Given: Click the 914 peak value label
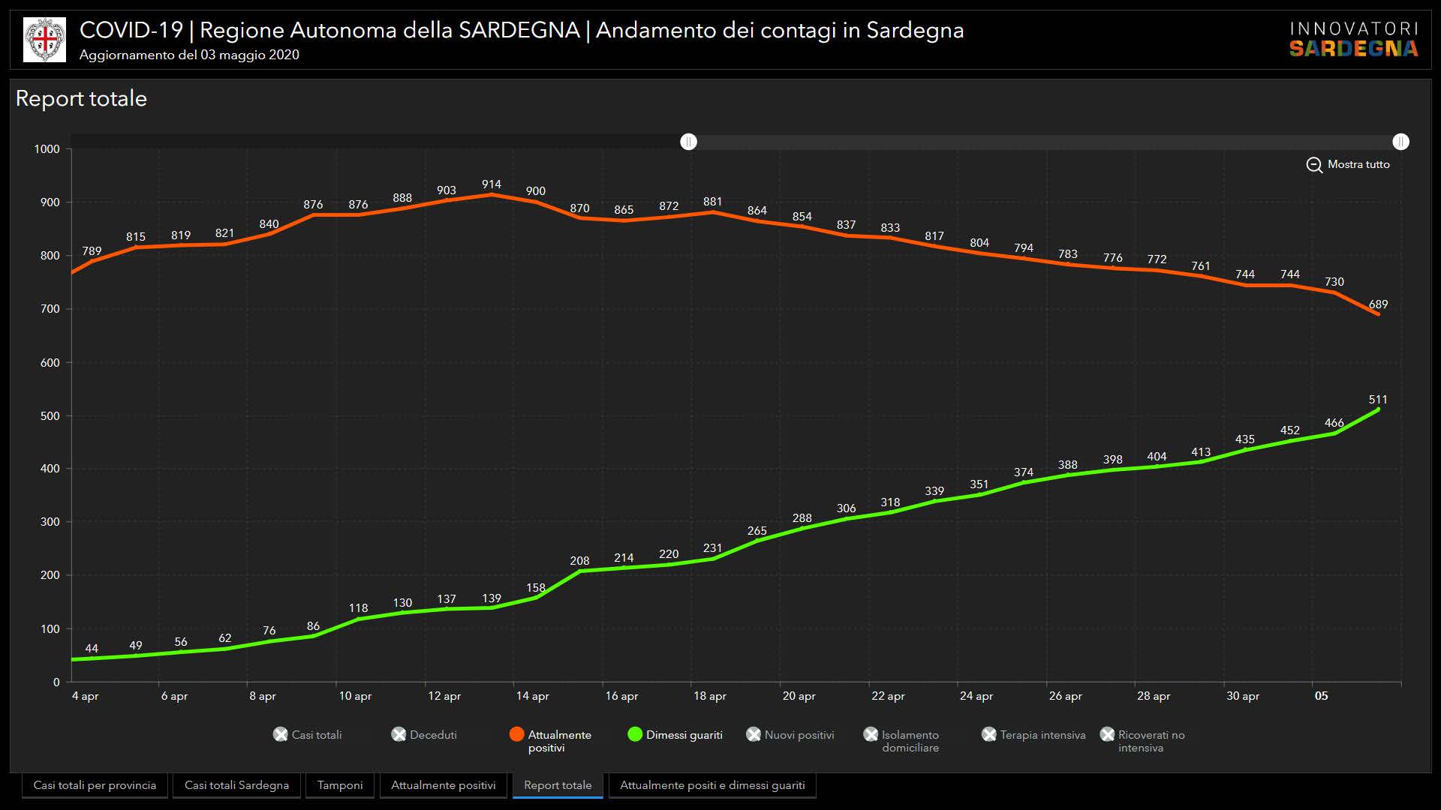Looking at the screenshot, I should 491,184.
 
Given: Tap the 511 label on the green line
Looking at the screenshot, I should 1378,400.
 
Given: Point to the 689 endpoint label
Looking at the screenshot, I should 1378,304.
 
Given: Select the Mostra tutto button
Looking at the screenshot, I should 1348,164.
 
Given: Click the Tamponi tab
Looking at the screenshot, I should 340,785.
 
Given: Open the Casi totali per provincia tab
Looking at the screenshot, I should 95,785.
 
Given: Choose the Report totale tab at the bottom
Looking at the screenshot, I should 558,785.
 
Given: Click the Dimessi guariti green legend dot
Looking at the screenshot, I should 635,734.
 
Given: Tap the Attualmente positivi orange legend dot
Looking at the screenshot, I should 516,734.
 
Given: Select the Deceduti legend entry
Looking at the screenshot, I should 425,735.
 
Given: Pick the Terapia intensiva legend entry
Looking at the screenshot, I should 1034,735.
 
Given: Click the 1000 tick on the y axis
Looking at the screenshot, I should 47,149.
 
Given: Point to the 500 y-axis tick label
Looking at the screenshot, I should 50,416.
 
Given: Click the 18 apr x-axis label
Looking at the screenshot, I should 709,696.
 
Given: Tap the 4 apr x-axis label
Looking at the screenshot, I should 85,696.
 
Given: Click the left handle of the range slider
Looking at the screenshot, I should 688,142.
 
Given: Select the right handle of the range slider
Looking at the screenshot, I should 1400,142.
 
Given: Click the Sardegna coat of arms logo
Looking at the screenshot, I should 44,40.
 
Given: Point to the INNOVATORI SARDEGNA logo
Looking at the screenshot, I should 1354,40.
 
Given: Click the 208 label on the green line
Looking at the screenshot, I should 579,561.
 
